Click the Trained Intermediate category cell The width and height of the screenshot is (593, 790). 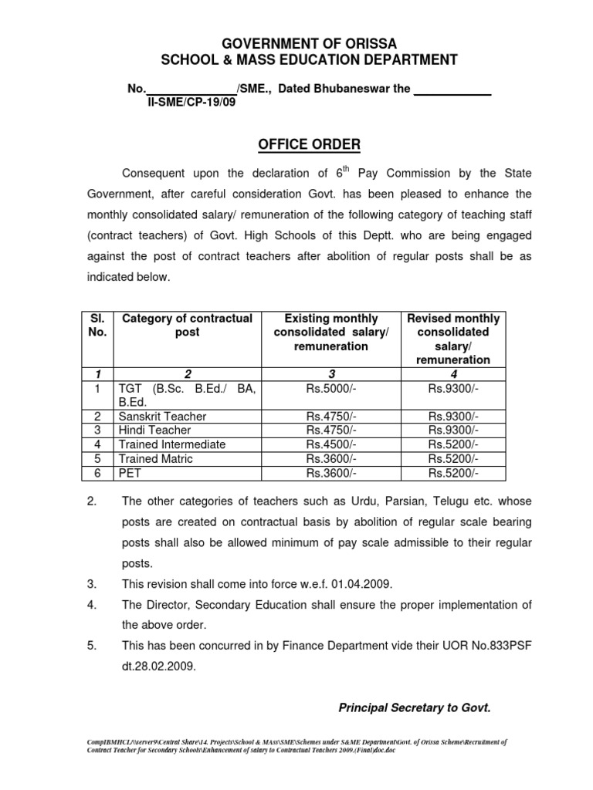pos(171,444)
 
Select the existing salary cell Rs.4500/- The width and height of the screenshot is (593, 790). pos(331,444)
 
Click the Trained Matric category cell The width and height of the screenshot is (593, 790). pos(155,458)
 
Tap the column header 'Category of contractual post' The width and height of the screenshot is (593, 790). pos(188,326)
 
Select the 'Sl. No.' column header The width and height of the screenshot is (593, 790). pos(97,326)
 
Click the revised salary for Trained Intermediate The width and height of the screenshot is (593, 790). pos(453,444)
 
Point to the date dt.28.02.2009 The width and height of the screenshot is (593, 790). pos(159,667)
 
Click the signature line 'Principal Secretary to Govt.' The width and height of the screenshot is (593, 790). pos(415,707)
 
